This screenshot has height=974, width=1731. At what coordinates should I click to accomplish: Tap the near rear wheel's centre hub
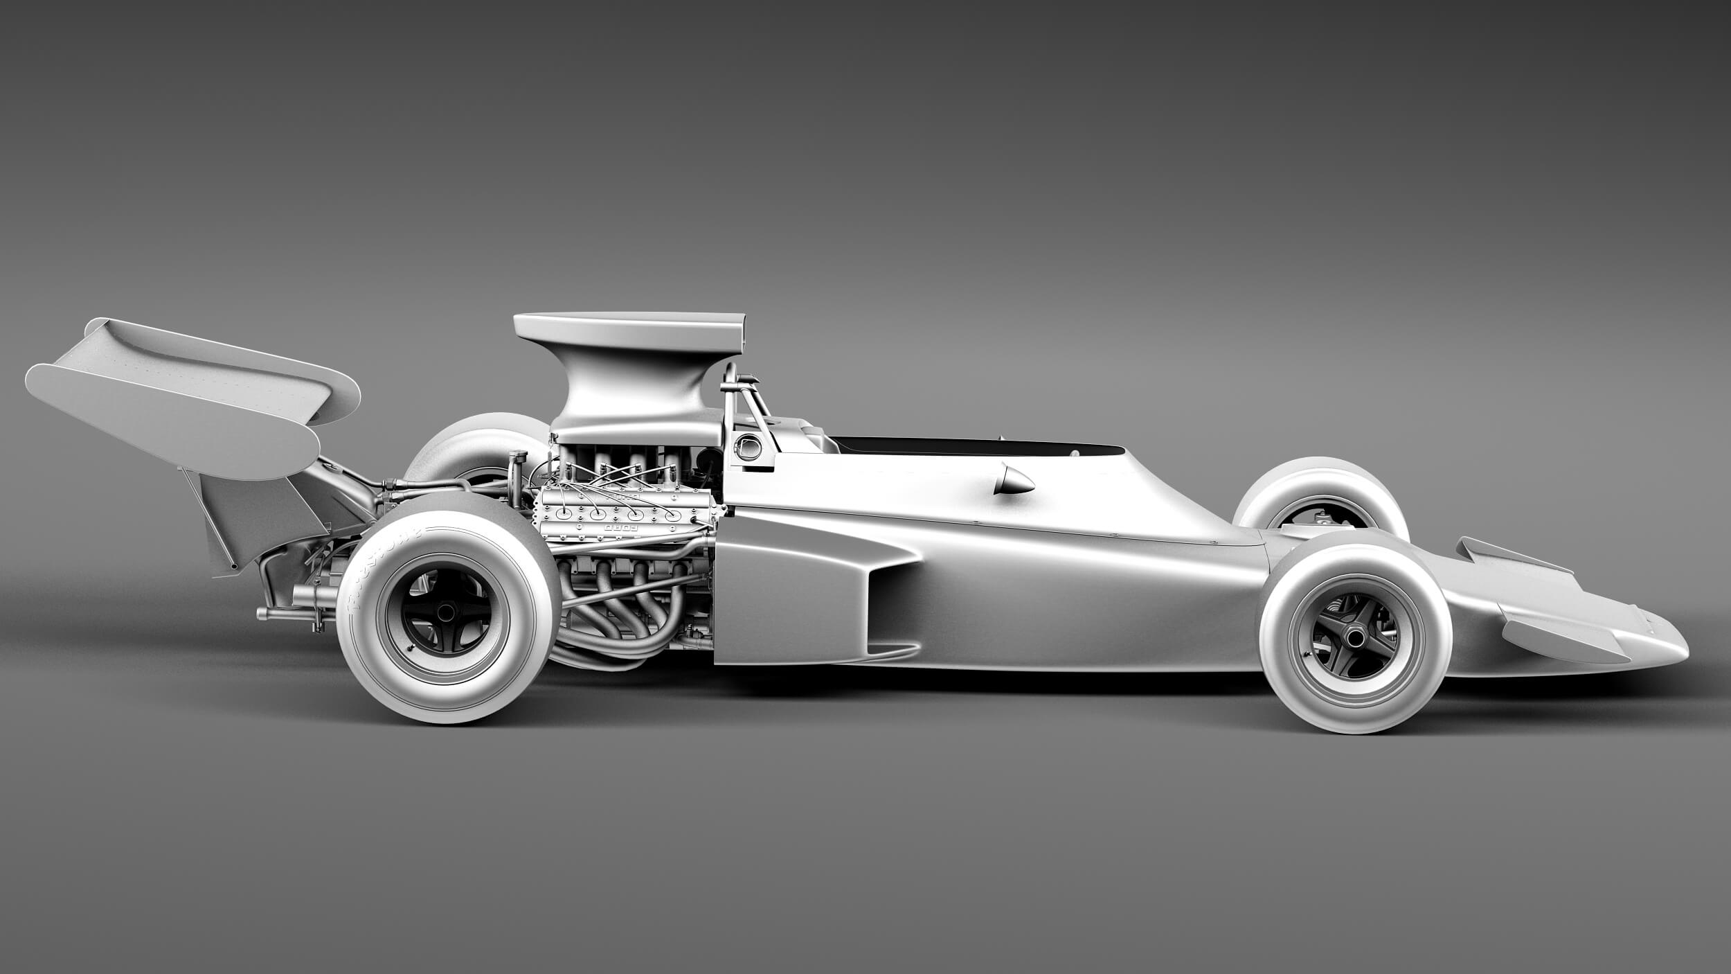tap(447, 612)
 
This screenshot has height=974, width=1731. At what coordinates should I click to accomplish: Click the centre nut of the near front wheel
tap(1355, 635)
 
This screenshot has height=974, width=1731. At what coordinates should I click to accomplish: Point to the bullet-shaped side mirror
tap(1014, 480)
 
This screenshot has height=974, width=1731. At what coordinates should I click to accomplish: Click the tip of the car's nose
tap(1684, 651)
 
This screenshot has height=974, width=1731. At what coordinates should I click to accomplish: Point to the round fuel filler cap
tap(748, 448)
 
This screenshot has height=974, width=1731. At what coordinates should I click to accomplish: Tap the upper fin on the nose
tap(1509, 554)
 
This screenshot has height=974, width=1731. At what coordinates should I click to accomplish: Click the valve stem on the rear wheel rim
tap(411, 649)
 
